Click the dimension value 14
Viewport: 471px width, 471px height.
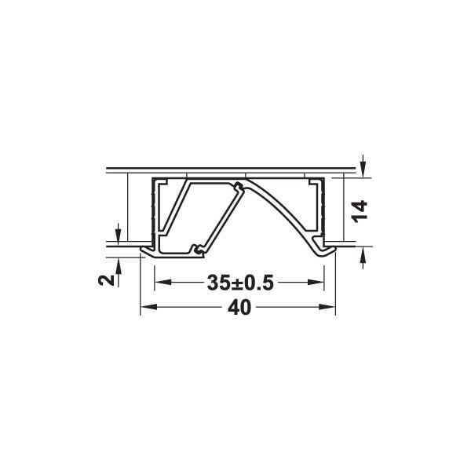coord(360,211)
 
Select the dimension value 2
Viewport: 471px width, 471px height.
coord(106,280)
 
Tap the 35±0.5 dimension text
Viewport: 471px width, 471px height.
coord(240,283)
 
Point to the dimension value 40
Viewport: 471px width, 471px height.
coord(239,308)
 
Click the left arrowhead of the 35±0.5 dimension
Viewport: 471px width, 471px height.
coord(162,283)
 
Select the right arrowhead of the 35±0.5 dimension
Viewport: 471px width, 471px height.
coord(316,283)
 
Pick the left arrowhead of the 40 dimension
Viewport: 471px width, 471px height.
coord(148,307)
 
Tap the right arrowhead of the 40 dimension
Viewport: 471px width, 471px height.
coord(327,307)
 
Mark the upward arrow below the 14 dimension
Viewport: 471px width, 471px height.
coord(363,257)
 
